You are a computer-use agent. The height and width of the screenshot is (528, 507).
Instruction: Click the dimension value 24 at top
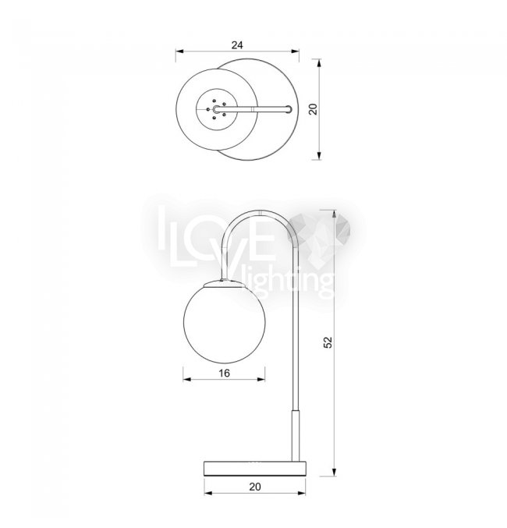[x=237, y=44]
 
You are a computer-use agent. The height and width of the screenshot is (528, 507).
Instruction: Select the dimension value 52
[x=328, y=342]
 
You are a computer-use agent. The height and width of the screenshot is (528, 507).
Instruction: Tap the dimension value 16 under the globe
[x=224, y=373]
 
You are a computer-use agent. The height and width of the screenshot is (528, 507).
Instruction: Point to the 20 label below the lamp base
[x=255, y=487]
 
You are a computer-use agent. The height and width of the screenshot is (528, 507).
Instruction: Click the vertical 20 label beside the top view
[x=314, y=109]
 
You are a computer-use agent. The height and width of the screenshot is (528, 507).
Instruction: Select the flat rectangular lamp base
[x=255, y=469]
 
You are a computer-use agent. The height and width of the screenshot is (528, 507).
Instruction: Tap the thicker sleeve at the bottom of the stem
[x=296, y=435]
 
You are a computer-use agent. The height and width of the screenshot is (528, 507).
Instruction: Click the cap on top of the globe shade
[x=224, y=283]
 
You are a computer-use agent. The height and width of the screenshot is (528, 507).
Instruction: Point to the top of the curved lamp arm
[x=261, y=212]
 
